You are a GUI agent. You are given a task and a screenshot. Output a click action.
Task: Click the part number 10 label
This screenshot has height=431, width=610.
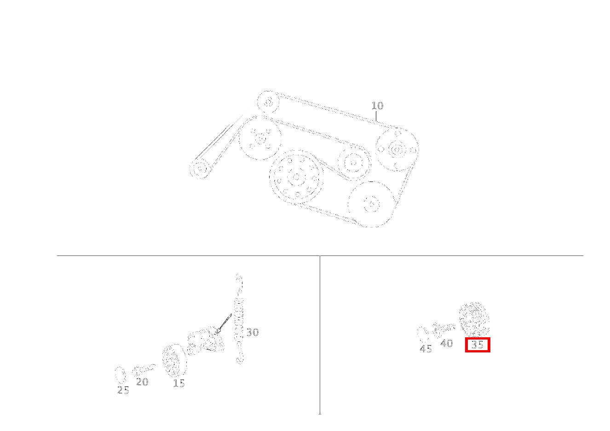[377, 106]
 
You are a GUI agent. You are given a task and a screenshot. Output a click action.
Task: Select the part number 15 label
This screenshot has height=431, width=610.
[179, 383]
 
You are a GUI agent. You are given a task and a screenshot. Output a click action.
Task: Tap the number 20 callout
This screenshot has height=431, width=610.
[142, 382]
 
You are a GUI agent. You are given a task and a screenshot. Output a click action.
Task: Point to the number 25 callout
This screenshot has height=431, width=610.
[123, 390]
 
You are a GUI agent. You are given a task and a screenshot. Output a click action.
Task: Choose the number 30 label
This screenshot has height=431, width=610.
[253, 332]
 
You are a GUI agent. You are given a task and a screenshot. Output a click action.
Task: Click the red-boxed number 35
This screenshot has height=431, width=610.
[478, 345]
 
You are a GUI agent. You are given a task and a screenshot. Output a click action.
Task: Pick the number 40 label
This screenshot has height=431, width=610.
[447, 343]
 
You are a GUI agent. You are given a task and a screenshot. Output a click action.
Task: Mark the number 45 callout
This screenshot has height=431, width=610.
[426, 349]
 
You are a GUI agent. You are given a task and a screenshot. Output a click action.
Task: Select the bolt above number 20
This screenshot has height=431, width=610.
[144, 369]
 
